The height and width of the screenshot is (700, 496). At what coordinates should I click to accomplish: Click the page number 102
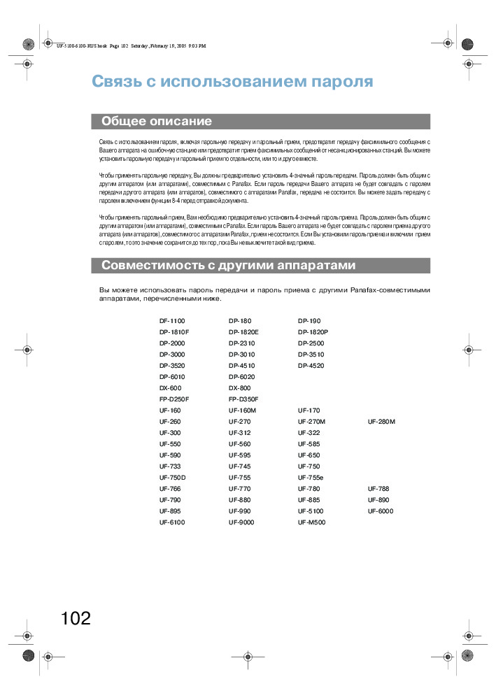pyautogui.click(x=76, y=618)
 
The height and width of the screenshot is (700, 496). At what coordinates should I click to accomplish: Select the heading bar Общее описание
pyautogui.click(x=260, y=122)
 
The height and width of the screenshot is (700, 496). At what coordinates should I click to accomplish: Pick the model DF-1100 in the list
pyautogui.click(x=172, y=321)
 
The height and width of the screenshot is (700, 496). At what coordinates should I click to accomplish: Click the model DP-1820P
pyautogui.click(x=313, y=332)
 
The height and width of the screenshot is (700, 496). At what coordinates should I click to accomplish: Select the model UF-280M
pyautogui.click(x=381, y=422)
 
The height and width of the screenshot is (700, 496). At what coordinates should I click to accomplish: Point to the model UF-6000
pyautogui.click(x=381, y=511)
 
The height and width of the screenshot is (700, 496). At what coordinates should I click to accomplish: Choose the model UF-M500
pyautogui.click(x=311, y=522)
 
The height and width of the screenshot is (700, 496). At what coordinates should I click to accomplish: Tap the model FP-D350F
pyautogui.click(x=243, y=399)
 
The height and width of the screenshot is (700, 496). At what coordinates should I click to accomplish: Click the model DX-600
pyautogui.click(x=170, y=388)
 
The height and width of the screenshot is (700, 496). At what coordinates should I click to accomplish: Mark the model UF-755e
pyautogui.click(x=311, y=478)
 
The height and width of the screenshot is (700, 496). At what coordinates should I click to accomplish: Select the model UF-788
pyautogui.click(x=378, y=489)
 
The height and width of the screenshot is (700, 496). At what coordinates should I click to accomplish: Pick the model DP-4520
pyautogui.click(x=311, y=366)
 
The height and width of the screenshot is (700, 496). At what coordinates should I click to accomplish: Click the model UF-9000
pyautogui.click(x=241, y=522)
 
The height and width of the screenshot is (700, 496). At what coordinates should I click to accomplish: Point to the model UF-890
pyautogui.click(x=378, y=500)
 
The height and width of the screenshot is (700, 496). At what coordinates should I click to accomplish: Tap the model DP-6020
pyautogui.click(x=241, y=377)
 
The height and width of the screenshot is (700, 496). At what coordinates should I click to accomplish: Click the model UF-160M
pyautogui.click(x=242, y=410)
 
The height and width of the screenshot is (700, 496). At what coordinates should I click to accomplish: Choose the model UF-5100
pyautogui.click(x=311, y=511)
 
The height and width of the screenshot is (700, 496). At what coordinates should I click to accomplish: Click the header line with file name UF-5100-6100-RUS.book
pyautogui.click(x=132, y=46)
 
